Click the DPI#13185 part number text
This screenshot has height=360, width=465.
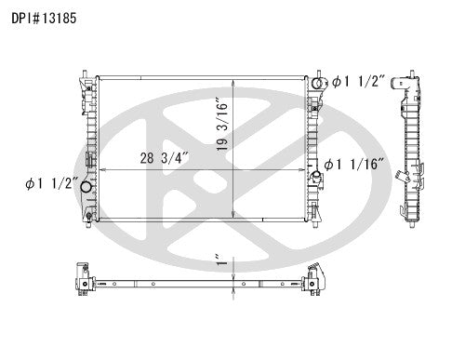coord(44,19)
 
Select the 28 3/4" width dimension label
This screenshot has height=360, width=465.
coord(164,158)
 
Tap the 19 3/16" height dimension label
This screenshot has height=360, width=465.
coord(222,125)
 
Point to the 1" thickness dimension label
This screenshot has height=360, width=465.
coord(221,260)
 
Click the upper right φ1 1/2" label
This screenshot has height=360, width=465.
coord(358,82)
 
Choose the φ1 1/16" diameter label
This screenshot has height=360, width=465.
coord(354,164)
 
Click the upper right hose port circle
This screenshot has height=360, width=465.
coord(317,84)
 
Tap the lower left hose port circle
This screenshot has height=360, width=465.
coord(86,187)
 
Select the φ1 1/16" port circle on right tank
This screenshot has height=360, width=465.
coord(316,175)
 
